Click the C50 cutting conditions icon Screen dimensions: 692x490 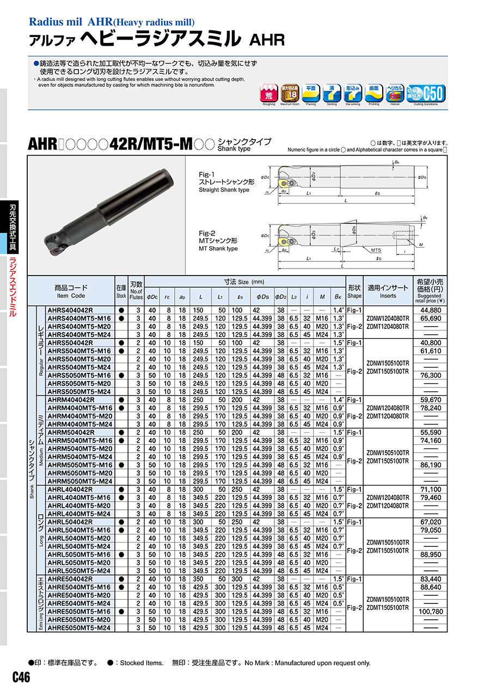coord(430,94)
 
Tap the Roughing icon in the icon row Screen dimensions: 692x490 coord(268,94)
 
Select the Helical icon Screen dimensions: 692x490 coord(395,94)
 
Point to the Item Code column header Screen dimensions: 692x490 coord(71,291)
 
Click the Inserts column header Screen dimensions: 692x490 coord(388,291)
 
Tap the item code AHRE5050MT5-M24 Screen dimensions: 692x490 coord(79,628)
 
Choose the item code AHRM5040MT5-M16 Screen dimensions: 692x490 coord(79,440)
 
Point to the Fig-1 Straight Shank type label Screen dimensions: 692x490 coord(224,182)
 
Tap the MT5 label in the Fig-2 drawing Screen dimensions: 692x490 coord(375,250)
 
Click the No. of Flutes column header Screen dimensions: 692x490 coord(136,291)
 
